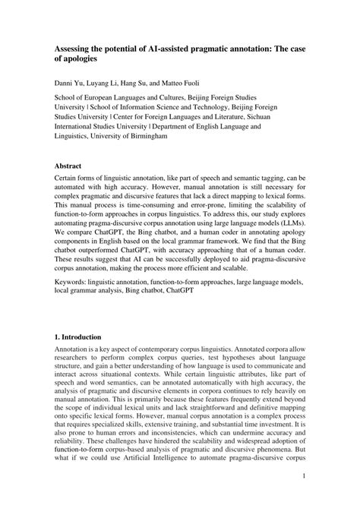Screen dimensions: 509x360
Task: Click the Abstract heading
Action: click(71, 165)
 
